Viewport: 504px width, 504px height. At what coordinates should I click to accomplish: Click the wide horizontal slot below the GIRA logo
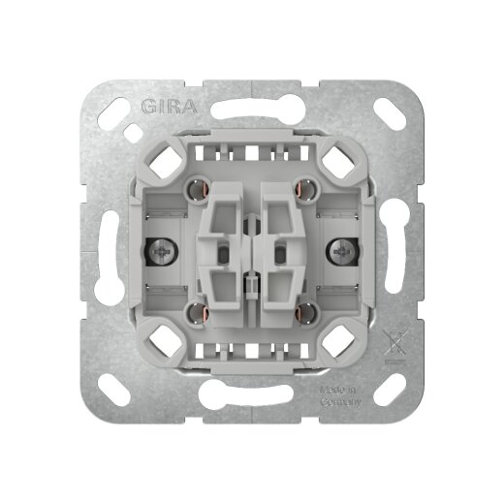pos(251,123)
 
